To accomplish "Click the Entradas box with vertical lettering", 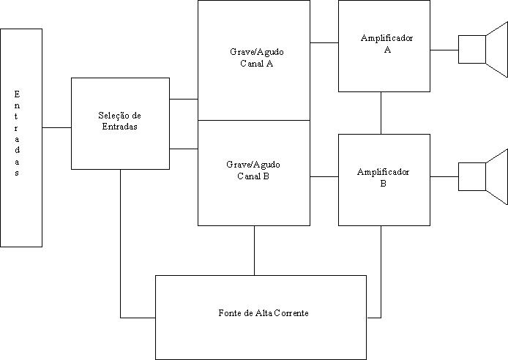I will pos(21,138).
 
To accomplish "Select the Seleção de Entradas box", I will pos(120,123).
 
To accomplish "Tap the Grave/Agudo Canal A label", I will pos(255,58).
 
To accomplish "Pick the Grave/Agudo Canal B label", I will pos(253,170).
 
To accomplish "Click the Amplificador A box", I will pos(384,45).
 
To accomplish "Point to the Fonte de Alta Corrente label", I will pos(263,313).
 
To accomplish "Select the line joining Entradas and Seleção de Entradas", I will pos(56,127).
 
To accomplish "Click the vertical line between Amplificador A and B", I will pos(381,113).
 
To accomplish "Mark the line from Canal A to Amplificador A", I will pos(324,42).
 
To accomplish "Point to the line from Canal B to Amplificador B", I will pos(324,176).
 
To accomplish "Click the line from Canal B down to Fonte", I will pos(255,250).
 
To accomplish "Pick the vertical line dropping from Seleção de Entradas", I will pos(121,241).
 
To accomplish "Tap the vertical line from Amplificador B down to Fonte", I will pos(381,271).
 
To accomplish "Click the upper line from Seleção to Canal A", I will pos(184,98).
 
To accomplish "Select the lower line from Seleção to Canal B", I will pos(184,149).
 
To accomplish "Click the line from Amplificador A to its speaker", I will pos(444,50).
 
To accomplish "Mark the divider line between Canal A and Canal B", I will pos(254,120).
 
